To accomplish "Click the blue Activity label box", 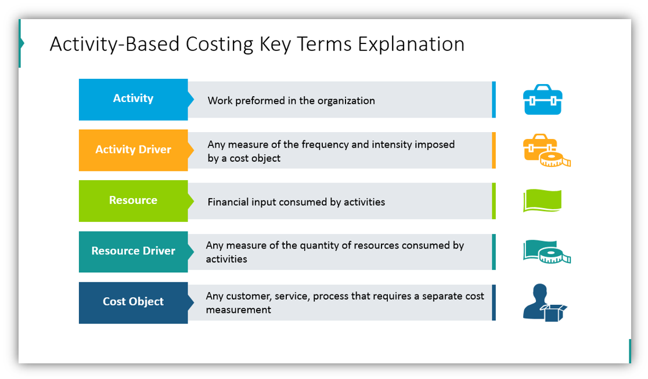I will (133, 99).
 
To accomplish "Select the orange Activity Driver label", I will (133, 150).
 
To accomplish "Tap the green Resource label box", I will (133, 201).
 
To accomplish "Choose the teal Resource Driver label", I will (133, 251).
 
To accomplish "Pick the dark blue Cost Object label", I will (133, 302).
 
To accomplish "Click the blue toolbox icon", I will (542, 100).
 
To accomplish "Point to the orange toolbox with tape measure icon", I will (546, 151).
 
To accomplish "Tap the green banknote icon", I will (542, 201).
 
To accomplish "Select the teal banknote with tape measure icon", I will (546, 252).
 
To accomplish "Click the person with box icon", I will (544, 303).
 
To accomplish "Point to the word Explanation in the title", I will (411, 45).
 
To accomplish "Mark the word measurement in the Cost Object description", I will (238, 310).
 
